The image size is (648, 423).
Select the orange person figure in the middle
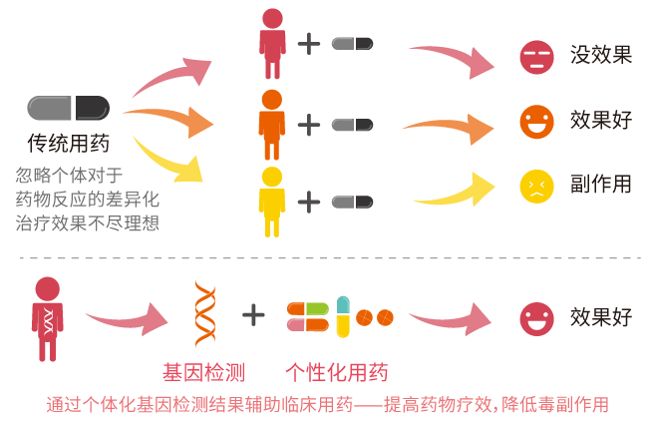pos(271,124)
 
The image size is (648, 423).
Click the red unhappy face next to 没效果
pos(536,56)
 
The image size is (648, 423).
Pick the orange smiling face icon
pos(536,121)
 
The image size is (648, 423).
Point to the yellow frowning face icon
pos(536,186)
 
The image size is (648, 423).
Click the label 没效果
pos(601,55)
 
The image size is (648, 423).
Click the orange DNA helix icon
pos(205,313)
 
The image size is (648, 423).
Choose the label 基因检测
pos(203,373)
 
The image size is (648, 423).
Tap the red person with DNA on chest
pos(47,318)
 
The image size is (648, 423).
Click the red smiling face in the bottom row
pos(536,318)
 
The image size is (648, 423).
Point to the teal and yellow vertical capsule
pos(343,317)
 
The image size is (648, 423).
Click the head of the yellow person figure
pos(271,177)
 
